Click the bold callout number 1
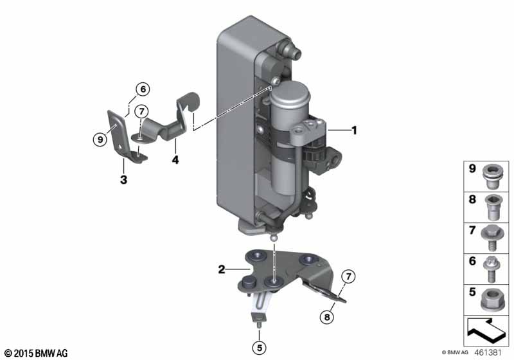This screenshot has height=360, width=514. tap(354, 130)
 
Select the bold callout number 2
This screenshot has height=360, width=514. tap(222, 271)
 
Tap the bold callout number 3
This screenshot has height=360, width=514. tap(123, 179)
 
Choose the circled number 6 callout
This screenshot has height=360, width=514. tap(141, 89)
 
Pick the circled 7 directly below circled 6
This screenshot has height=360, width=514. tap(141, 111)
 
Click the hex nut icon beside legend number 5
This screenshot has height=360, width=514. tap(493, 296)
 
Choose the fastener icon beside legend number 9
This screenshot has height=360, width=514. tap(493, 174)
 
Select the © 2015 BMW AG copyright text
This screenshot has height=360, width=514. tap(35, 353)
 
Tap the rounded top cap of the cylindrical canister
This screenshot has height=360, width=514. tap(290, 92)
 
